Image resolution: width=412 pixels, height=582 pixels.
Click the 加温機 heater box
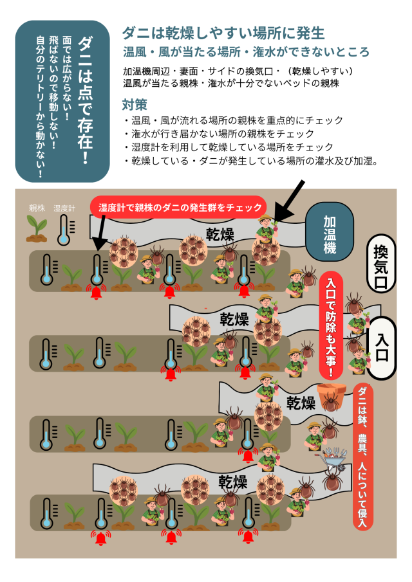click(x=330, y=232)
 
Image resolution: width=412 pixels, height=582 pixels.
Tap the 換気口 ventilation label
click(x=381, y=264)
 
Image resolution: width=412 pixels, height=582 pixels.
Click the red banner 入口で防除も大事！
click(x=331, y=325)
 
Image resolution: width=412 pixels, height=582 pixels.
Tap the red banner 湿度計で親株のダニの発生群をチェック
click(x=179, y=206)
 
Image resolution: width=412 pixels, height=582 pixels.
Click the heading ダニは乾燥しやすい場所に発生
click(x=223, y=33)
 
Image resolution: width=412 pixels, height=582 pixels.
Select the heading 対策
click(x=135, y=105)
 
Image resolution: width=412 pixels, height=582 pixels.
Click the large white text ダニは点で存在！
click(x=85, y=100)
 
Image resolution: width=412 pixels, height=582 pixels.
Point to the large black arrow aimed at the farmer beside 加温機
click(x=290, y=201)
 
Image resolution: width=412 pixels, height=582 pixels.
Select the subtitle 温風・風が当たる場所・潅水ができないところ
click(x=246, y=52)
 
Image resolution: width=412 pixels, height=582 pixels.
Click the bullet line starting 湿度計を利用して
click(x=229, y=147)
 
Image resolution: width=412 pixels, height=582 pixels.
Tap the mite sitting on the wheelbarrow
click(x=333, y=479)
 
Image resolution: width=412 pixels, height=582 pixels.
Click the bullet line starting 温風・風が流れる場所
click(x=233, y=120)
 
